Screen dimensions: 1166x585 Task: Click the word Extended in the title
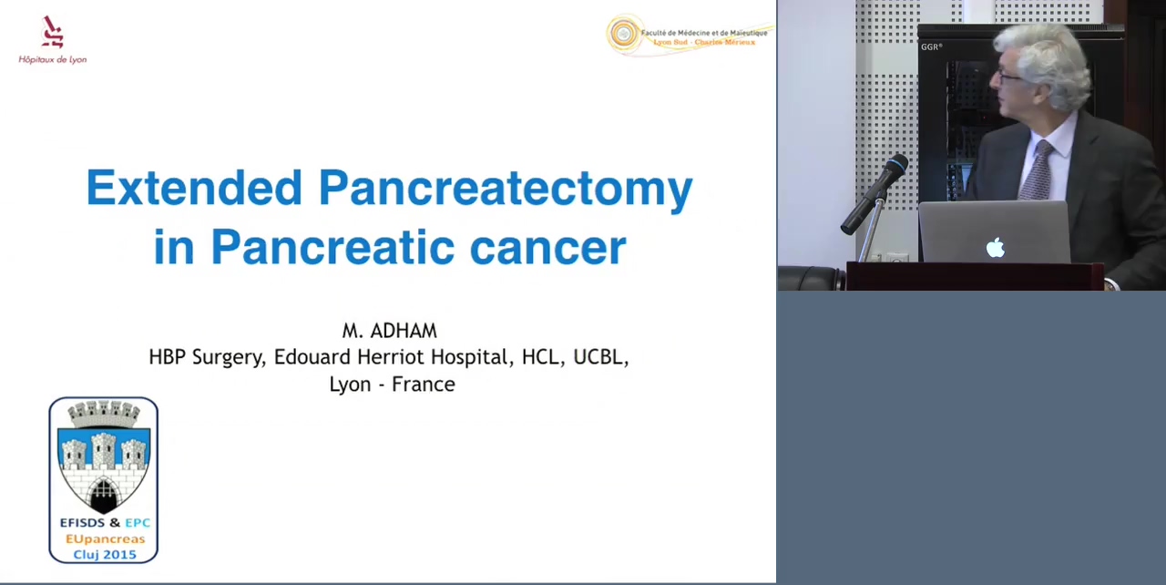(x=194, y=188)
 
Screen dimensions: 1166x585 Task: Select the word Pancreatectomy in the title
(x=506, y=191)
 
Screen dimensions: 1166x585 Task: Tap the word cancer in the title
(x=547, y=248)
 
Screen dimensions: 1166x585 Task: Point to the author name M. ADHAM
(x=389, y=331)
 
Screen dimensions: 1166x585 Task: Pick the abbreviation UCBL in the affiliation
(x=600, y=358)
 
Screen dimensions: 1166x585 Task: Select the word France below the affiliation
(x=424, y=385)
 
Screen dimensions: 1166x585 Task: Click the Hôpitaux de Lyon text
(x=53, y=60)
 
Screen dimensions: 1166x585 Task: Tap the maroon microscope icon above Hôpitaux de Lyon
(x=52, y=32)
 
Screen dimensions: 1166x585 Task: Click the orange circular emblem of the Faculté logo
(x=624, y=35)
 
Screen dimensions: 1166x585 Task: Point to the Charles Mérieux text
(x=724, y=42)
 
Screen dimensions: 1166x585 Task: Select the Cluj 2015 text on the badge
(x=105, y=555)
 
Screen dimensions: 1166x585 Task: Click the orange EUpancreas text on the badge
(x=105, y=539)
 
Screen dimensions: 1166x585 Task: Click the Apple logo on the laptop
(x=996, y=248)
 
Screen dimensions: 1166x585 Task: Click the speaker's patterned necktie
(x=1037, y=169)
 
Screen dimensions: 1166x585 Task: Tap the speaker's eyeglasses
(x=1008, y=78)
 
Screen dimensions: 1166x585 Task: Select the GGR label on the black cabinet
(x=931, y=46)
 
